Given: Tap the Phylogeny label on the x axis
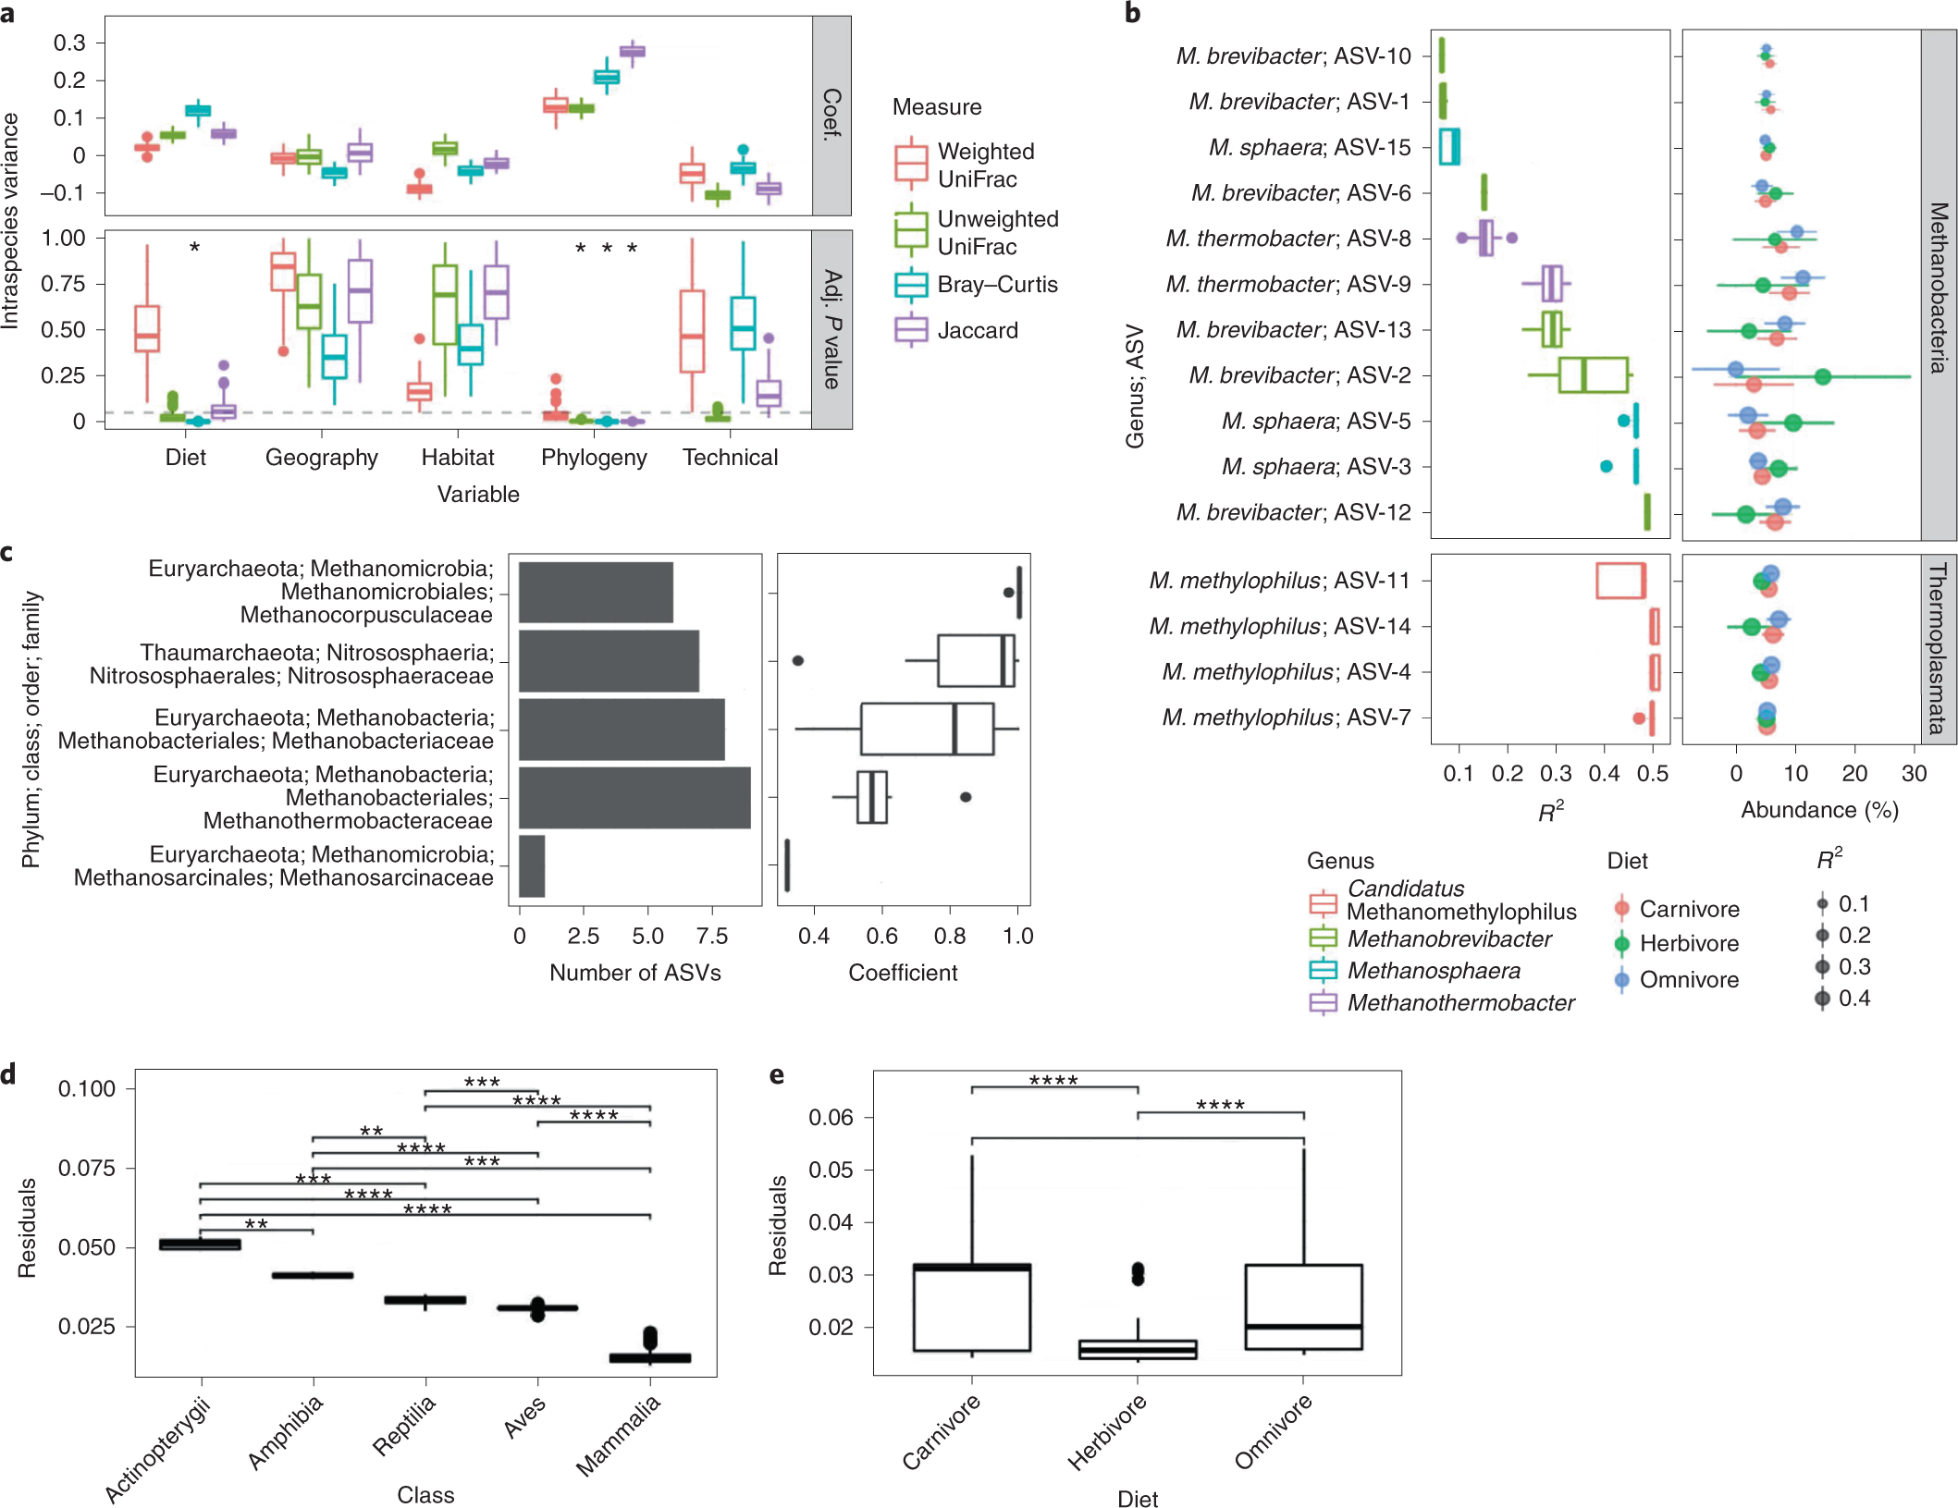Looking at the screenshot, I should click(594, 457).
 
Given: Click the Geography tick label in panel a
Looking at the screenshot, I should click(321, 457).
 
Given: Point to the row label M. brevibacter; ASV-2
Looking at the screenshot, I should click(1299, 375).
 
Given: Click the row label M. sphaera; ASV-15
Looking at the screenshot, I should click(1309, 147).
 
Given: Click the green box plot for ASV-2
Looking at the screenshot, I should click(1593, 375).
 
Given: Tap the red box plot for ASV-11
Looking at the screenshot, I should click(1620, 581).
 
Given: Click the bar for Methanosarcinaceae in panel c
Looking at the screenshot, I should click(532, 865).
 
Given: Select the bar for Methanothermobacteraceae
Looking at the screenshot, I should click(634, 797).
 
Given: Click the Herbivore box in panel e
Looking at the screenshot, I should click(1138, 1349).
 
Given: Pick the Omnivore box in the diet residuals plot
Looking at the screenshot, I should click(1303, 1306).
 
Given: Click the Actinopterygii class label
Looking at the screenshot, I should click(158, 1450).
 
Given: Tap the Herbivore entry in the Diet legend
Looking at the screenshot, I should click(1688, 943).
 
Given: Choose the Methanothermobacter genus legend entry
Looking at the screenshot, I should click(1460, 1002).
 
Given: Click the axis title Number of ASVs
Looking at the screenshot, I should click(634, 972).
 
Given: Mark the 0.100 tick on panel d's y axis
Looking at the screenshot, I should click(87, 1088).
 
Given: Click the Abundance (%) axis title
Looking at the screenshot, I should click(1819, 810).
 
